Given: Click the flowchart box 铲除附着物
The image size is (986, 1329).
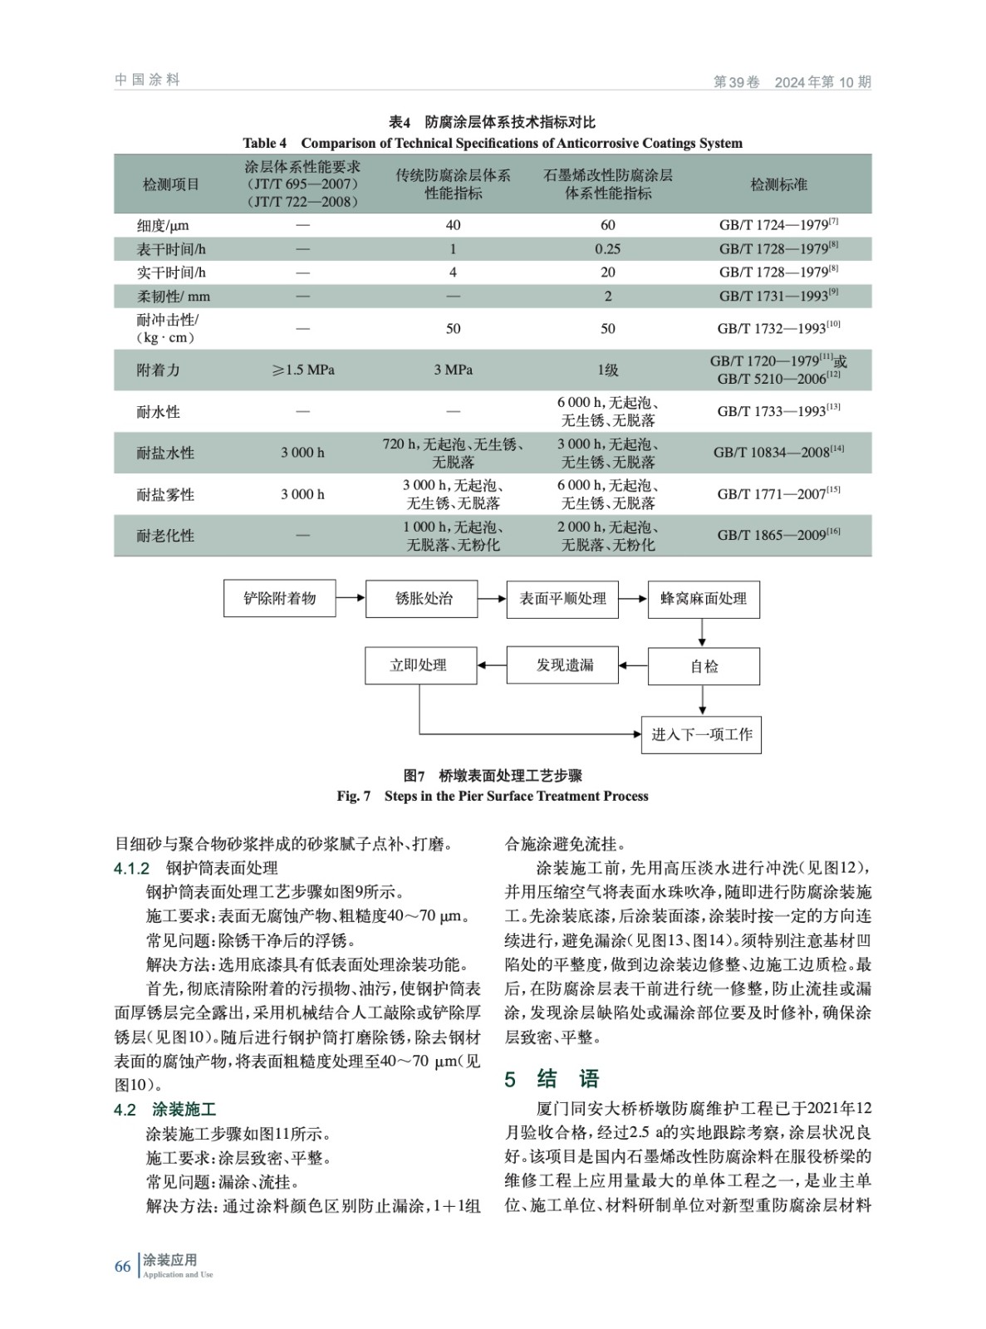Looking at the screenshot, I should click(279, 598).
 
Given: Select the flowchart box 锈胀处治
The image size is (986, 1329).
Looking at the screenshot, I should click(421, 598).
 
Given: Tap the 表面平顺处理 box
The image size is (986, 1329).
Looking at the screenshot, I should click(562, 598).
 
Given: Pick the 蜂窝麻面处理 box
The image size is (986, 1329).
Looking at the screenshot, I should click(704, 599).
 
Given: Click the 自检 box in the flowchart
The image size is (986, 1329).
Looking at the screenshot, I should click(704, 666).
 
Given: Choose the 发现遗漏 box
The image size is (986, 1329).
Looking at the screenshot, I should click(562, 665).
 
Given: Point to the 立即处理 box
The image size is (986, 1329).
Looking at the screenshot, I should click(420, 665).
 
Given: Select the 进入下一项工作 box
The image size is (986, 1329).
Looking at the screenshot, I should click(701, 734).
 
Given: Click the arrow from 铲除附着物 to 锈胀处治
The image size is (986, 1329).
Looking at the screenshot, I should click(351, 598).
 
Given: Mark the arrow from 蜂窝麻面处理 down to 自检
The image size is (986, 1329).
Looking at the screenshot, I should click(703, 633).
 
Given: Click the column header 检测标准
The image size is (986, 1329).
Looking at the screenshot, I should click(778, 184).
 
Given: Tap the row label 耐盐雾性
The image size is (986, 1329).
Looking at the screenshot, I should click(165, 495).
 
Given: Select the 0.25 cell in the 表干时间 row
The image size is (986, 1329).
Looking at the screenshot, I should click(607, 249).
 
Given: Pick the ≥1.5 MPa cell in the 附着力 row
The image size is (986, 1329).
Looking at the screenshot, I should click(302, 370).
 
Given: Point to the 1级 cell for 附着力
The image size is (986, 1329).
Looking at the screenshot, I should click(607, 370).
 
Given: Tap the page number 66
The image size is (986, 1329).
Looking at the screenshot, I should click(122, 1267).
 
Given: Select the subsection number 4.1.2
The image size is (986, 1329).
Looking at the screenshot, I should click(131, 869).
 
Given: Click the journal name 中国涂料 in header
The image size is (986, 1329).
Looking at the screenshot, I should click(147, 80).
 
